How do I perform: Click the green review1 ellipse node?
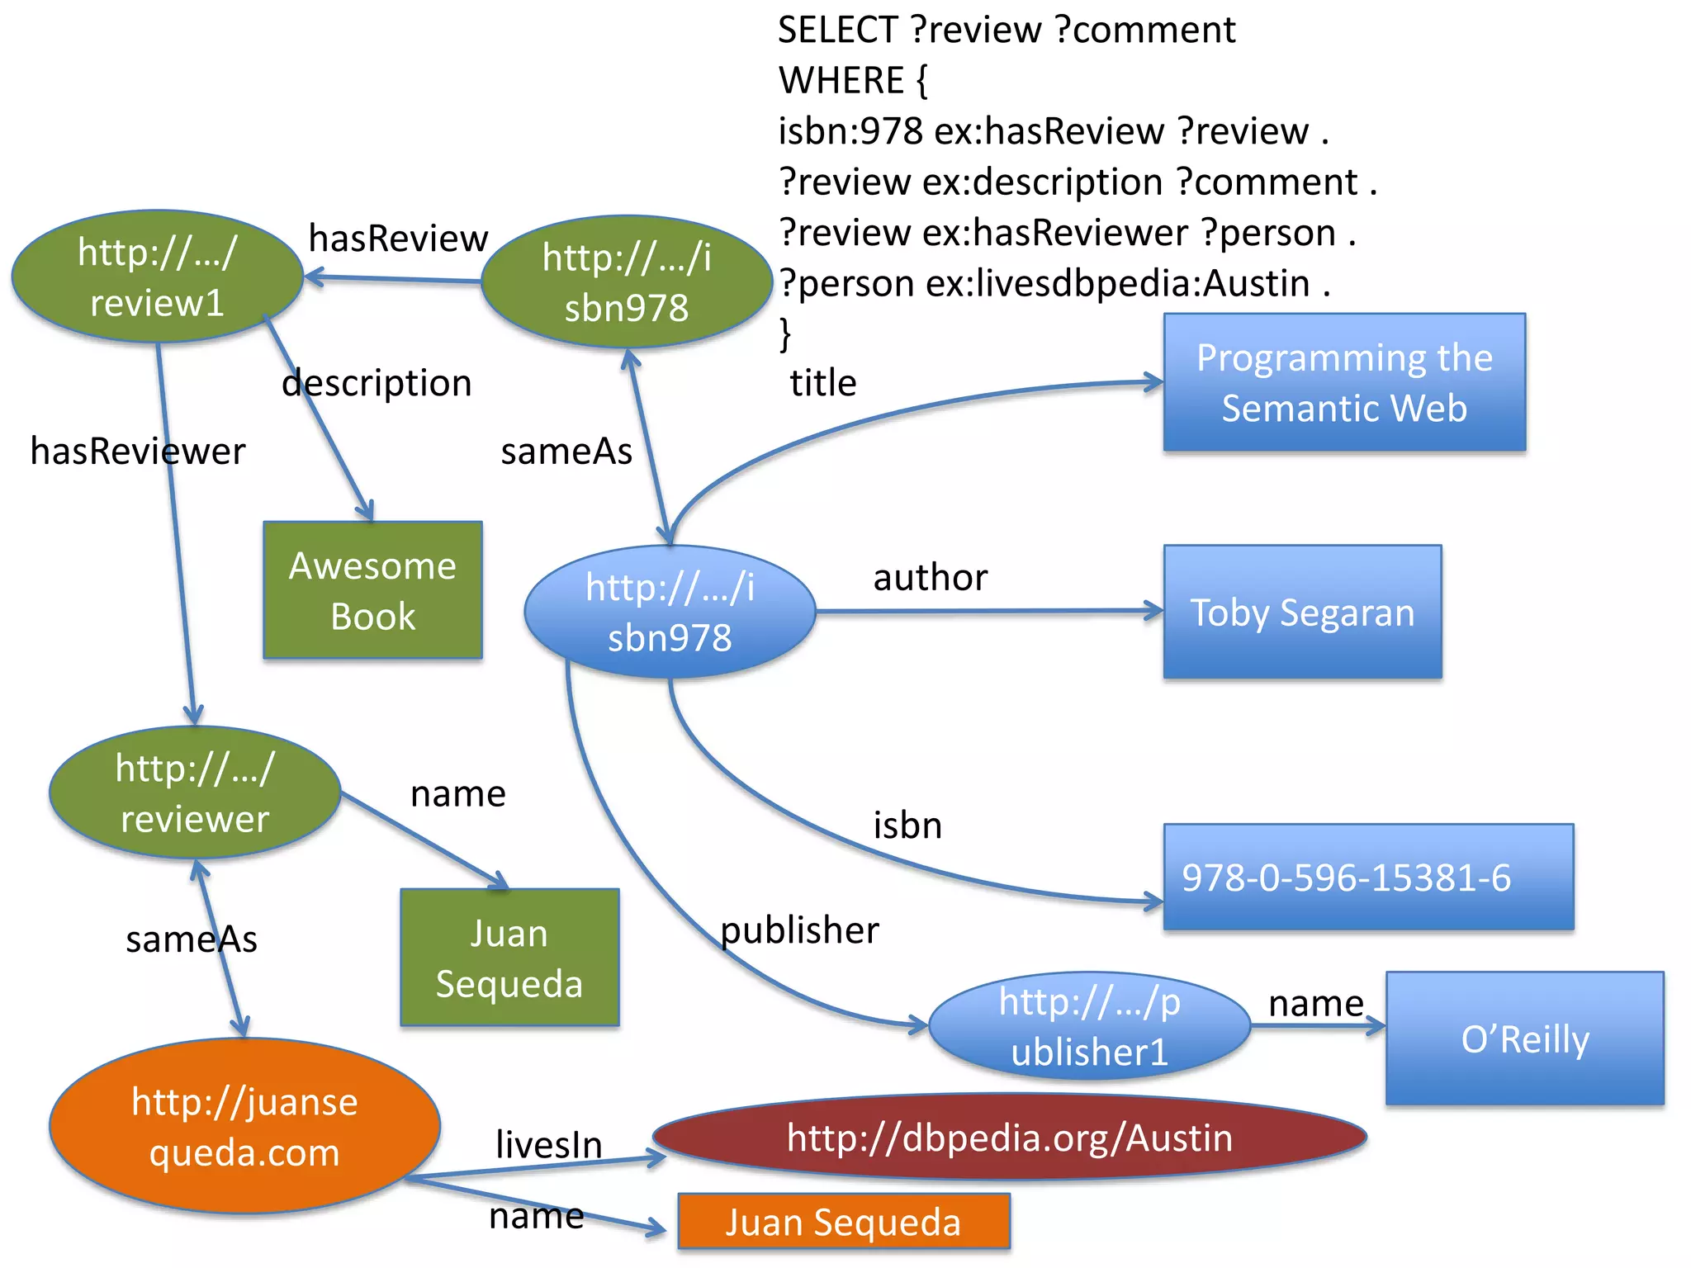tap(157, 277)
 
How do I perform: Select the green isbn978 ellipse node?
tap(626, 282)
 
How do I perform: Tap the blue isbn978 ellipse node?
tap(670, 612)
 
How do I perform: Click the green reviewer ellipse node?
tap(194, 792)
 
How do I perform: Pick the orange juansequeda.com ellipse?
tap(244, 1126)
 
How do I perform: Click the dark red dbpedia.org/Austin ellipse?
tap(1009, 1138)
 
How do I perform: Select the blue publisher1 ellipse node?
tap(1089, 1026)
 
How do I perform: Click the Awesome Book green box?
tap(372, 590)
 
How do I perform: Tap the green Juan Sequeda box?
tap(509, 958)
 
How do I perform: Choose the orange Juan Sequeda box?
tap(843, 1222)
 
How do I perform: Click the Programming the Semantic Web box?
tap(1344, 382)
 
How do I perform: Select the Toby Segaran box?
tap(1302, 612)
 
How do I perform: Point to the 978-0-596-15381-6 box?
tap(1368, 877)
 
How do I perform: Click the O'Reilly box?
tap(1524, 1039)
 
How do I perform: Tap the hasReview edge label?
tap(398, 239)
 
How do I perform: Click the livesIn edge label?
tap(548, 1145)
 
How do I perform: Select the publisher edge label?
tap(799, 930)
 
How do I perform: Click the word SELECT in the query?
tap(836, 31)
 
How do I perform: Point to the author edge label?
tap(930, 578)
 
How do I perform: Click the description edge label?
tap(377, 383)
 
